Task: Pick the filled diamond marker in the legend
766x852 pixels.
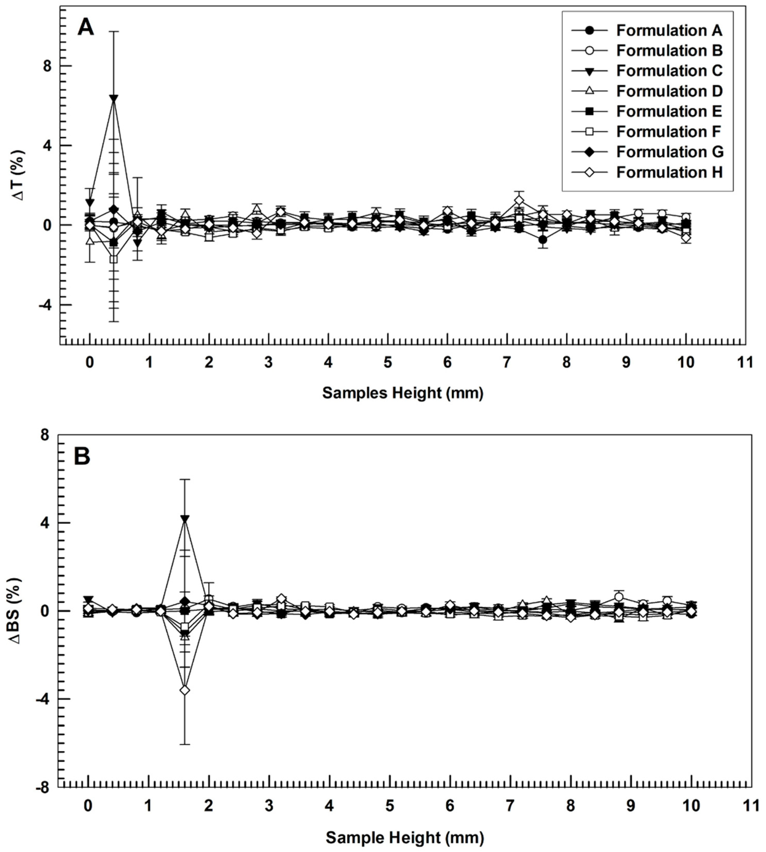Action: point(590,152)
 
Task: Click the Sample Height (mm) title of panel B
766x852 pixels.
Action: point(404,838)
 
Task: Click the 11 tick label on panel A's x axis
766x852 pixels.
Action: point(745,363)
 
